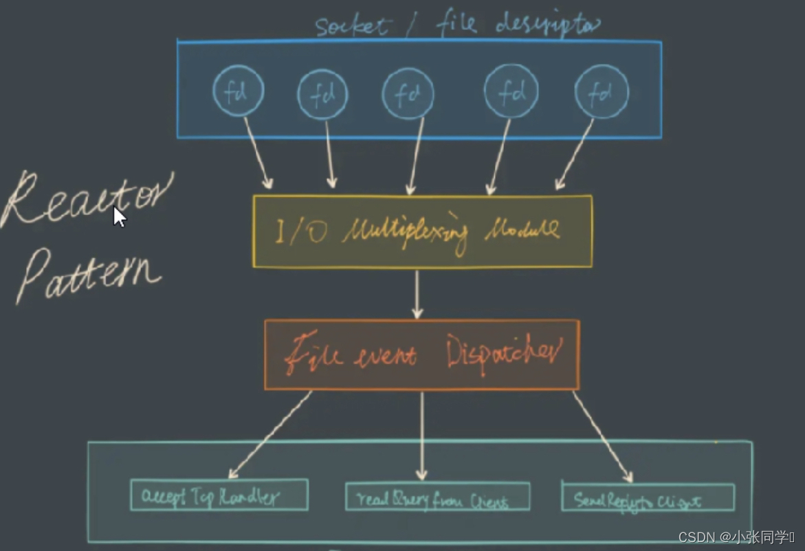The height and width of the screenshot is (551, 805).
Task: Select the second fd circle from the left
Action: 322,95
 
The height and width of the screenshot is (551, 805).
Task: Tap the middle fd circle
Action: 408,94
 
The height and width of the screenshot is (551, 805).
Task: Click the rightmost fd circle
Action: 601,92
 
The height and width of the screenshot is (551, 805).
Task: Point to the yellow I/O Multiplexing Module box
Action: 422,232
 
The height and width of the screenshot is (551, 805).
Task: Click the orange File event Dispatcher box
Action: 421,355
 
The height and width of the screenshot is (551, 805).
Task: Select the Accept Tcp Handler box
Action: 219,495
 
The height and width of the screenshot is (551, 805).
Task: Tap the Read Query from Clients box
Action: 437,497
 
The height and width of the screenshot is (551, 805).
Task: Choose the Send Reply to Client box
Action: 648,497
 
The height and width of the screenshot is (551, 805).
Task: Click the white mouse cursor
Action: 119,216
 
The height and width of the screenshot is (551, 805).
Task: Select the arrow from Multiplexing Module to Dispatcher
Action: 417,294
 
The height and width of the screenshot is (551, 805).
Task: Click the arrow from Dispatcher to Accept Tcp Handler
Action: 269,434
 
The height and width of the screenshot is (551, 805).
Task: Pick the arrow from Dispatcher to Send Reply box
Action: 602,436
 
